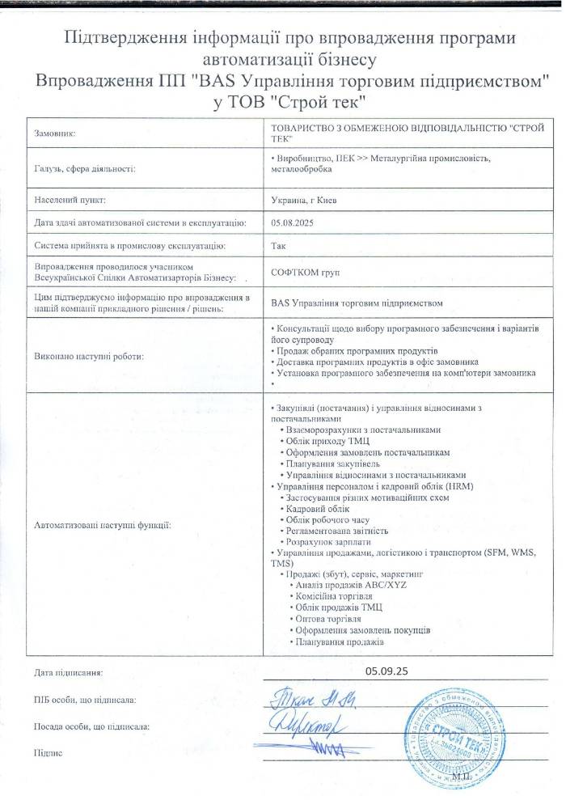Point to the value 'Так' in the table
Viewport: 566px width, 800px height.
(x=275, y=244)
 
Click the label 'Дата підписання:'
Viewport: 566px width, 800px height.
(x=69, y=671)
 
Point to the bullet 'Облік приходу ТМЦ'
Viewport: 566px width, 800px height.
(x=327, y=442)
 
